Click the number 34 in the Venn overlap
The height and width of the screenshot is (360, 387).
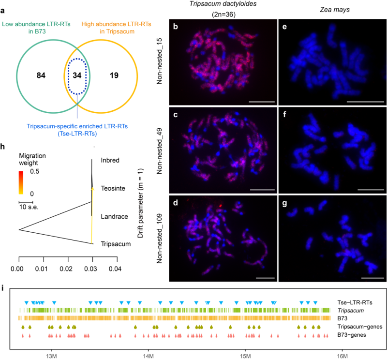point(77,76)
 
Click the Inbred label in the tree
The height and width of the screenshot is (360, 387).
point(110,161)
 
